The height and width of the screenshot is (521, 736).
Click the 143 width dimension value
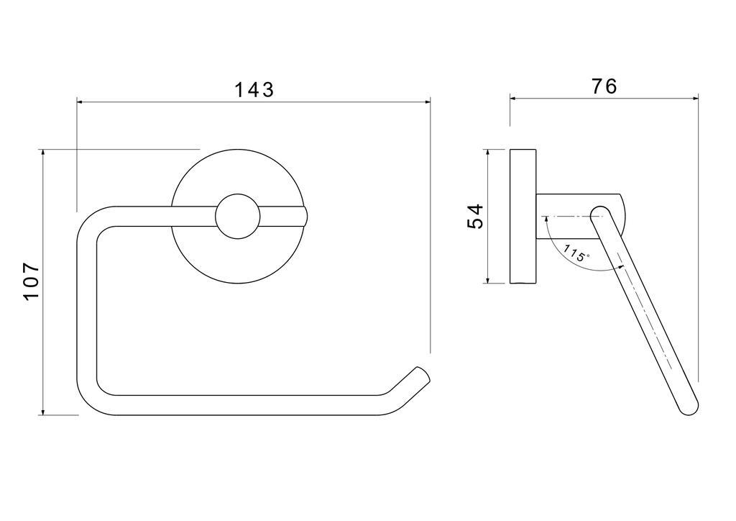coord(254,89)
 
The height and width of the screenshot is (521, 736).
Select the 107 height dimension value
coord(32,281)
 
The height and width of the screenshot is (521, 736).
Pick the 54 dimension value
coord(475,216)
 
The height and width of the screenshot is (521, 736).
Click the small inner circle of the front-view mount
coord(237,216)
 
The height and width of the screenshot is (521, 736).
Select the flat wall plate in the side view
coord(523,216)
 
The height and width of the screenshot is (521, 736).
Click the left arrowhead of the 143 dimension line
coord(80,101)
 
